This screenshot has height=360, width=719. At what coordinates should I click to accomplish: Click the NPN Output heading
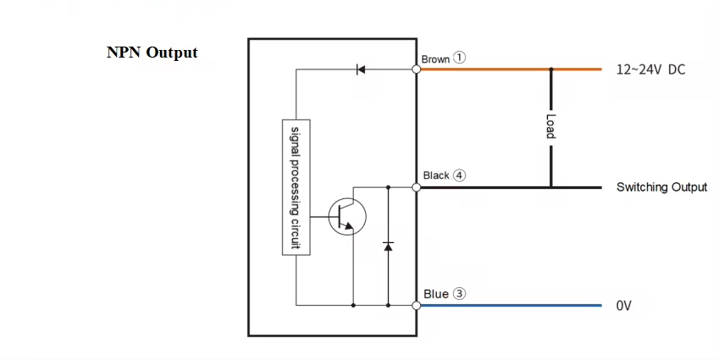point(152,53)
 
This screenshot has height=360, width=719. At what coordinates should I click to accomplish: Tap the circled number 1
point(459,58)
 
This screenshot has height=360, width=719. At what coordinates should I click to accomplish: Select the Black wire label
point(435,175)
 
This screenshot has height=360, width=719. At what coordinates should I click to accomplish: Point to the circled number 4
point(459,175)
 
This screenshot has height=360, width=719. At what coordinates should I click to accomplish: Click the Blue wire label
point(435,294)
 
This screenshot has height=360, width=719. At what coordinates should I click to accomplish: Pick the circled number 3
point(459,294)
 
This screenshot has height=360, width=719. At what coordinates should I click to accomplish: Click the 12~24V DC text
point(650,69)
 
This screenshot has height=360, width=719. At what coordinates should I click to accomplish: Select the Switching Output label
point(661,187)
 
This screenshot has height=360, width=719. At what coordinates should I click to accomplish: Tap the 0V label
point(624,306)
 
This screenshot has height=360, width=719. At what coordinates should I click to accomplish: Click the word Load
point(550,127)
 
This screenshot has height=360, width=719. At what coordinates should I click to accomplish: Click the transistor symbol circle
point(346,217)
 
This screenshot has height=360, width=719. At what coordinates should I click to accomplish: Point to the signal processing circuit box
point(296,186)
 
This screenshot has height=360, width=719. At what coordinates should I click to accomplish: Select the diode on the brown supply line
point(361,69)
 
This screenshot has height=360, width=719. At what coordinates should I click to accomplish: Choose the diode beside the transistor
point(388,245)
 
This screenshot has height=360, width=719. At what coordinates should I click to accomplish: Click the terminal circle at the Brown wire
point(417,69)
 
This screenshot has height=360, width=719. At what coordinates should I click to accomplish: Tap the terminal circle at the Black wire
point(417,187)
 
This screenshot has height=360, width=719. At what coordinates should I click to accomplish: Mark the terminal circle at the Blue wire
point(417,305)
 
